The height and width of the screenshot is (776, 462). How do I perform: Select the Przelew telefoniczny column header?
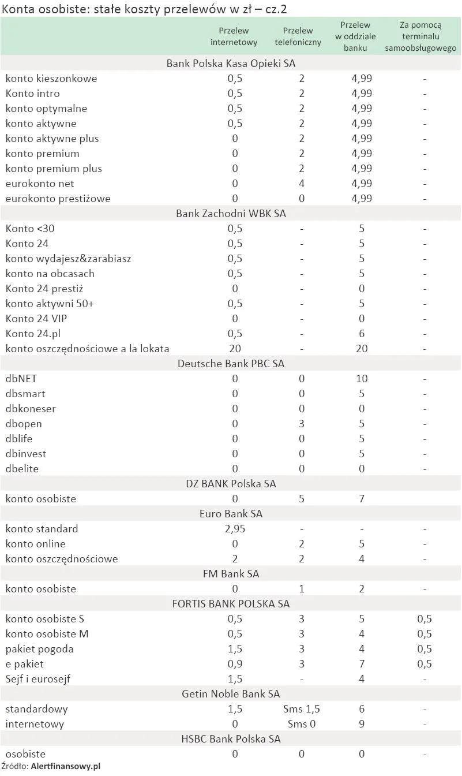298,36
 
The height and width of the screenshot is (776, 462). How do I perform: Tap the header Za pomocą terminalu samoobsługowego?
420,36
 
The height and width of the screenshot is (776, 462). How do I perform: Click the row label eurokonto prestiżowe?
58,199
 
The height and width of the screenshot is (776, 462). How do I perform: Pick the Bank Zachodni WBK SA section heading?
231,214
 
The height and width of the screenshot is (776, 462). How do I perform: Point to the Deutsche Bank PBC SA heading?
231,364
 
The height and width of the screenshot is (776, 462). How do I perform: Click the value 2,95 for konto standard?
234,529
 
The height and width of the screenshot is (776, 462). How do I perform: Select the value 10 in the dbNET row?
362,379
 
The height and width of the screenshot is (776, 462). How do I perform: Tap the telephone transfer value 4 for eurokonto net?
301,184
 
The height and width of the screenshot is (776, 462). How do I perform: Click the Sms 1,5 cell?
301,709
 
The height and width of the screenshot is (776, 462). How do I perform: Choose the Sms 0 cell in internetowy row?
301,724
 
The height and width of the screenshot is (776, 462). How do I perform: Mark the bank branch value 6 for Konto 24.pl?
362,334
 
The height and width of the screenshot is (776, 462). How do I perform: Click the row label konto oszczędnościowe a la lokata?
87,349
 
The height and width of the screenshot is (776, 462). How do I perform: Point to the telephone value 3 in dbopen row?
301,424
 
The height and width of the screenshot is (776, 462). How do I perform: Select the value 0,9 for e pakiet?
234,664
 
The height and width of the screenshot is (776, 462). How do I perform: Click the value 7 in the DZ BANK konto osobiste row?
362,499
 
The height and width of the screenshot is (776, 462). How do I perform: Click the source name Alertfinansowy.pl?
66,767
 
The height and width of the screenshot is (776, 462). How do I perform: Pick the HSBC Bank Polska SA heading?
231,739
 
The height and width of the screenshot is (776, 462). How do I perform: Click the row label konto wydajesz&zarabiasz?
68,259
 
